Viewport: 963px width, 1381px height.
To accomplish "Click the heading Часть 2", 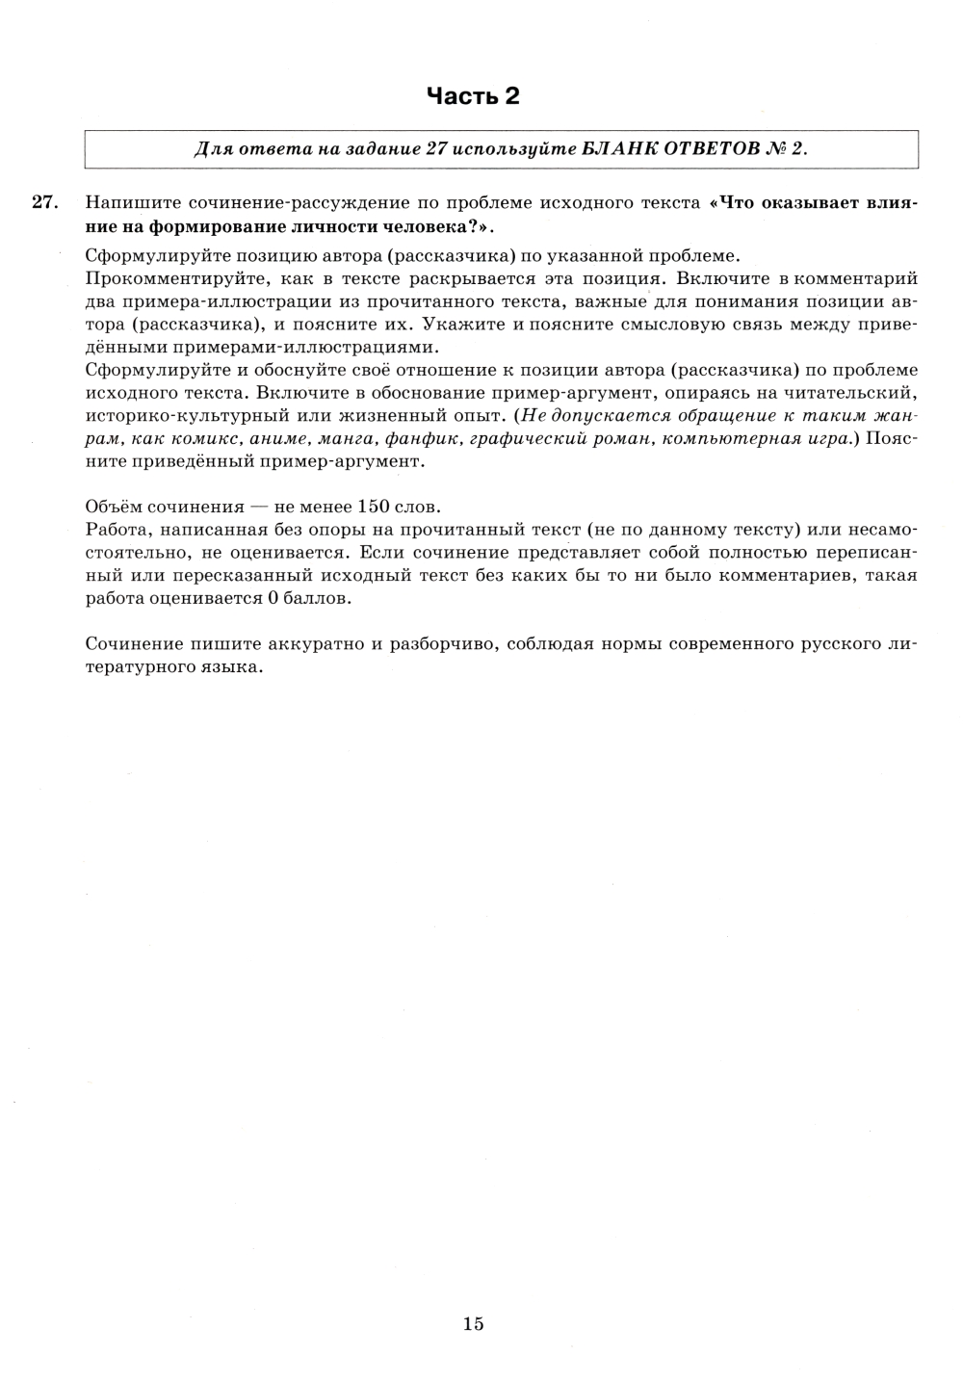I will pyautogui.click(x=473, y=95).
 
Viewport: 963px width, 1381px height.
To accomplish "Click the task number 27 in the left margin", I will pyautogui.click(x=45, y=202).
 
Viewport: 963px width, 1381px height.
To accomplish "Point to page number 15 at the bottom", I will pyautogui.click(x=473, y=1323).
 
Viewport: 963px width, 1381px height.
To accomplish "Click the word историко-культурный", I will pyautogui.click(x=173, y=415).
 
